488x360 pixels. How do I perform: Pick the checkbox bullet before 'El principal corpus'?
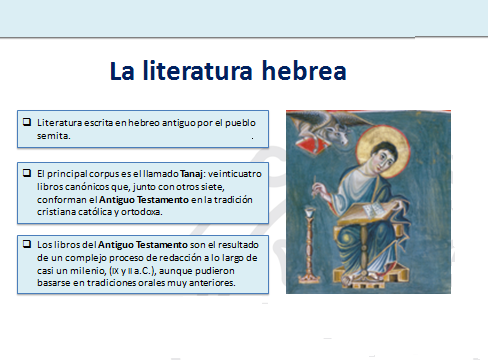click(26, 173)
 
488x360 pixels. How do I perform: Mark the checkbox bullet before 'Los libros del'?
click(26, 244)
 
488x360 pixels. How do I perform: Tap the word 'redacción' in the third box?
click(165, 257)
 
